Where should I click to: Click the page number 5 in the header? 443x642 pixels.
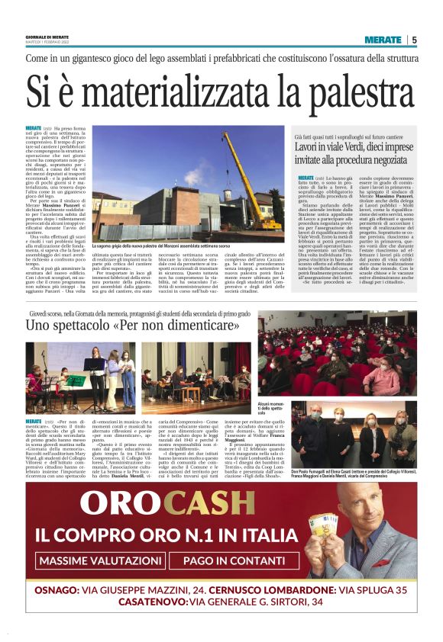click(414, 40)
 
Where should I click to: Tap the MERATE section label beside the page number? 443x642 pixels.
click(382, 40)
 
